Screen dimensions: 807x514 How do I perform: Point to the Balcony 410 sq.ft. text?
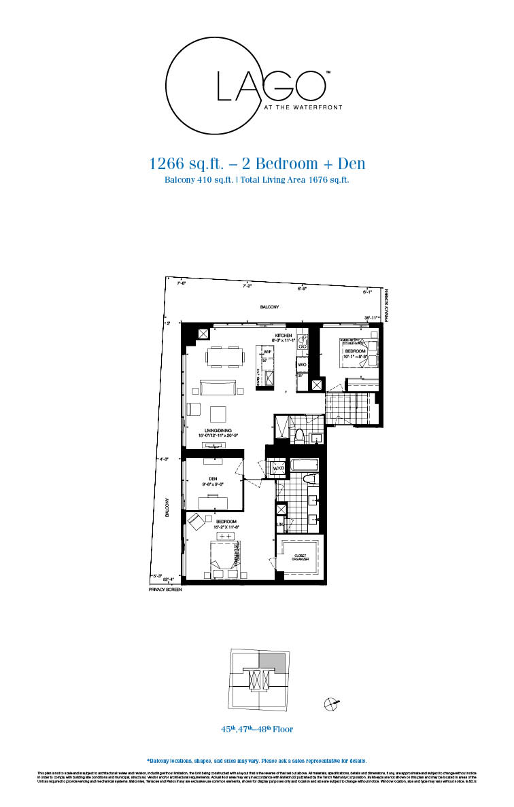tap(199, 180)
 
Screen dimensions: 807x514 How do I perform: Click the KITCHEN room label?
tap(284, 336)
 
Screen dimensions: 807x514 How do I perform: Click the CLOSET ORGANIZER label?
tap(301, 558)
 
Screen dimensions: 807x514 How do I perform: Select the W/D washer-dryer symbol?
tap(278, 469)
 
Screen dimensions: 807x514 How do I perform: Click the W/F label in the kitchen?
tap(268, 352)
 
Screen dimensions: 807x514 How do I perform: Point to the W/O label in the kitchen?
tap(301, 364)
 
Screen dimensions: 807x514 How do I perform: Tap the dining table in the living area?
tap(225, 356)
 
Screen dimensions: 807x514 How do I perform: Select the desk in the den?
tap(213, 501)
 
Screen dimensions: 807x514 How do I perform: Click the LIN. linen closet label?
tap(279, 524)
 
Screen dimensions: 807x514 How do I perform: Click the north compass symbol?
tap(332, 704)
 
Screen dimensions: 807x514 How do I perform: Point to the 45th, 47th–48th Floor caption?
tap(256, 730)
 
